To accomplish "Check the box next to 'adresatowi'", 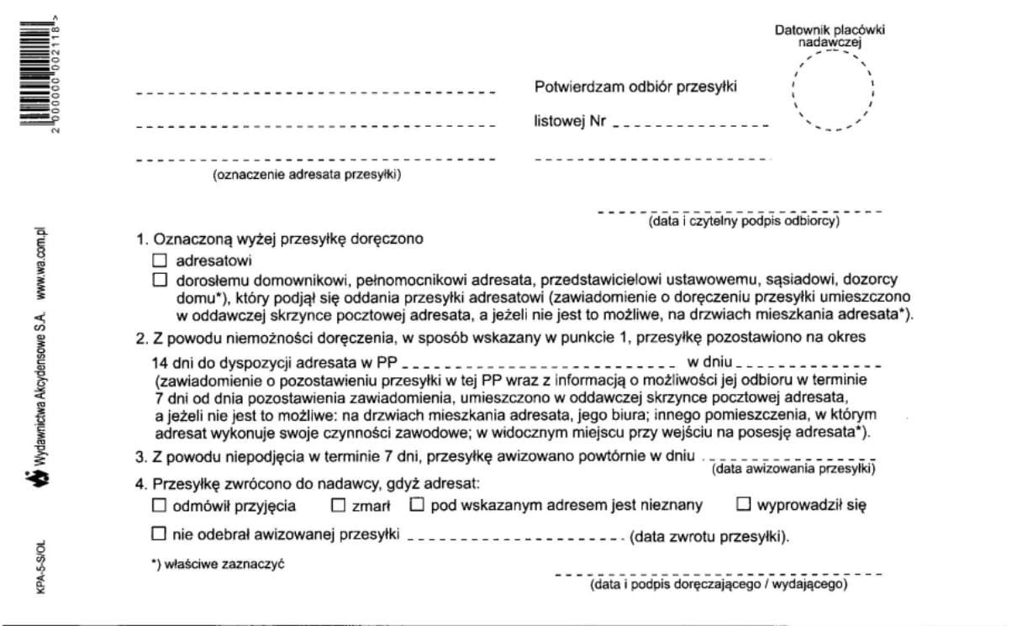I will (160, 261).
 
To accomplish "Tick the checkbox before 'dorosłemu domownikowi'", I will (160, 280).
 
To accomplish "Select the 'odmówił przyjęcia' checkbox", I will (160, 506).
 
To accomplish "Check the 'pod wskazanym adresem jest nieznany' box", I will (418, 506).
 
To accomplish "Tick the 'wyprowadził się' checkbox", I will (743, 506).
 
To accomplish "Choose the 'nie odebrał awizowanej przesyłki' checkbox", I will (160, 534).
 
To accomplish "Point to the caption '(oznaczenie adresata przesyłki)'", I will (307, 175).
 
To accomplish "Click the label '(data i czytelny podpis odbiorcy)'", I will (743, 222).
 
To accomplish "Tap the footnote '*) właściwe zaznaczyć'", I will (218, 564).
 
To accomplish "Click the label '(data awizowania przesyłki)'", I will (793, 470).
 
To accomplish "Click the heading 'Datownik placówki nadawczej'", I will (830, 36).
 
